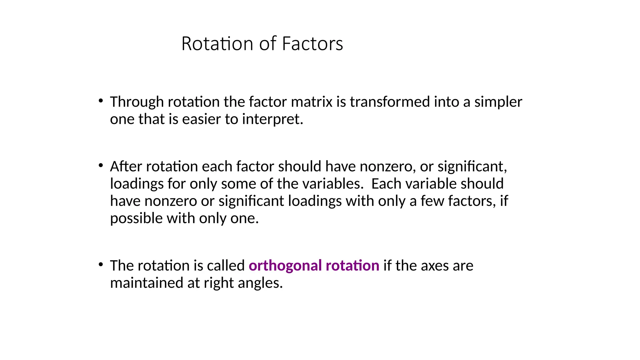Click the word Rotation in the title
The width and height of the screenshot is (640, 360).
[217, 44]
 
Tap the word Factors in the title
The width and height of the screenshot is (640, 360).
[312, 44]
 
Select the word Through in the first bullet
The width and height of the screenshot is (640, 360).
[137, 102]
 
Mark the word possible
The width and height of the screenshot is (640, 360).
[136, 218]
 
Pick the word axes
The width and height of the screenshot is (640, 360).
[434, 266]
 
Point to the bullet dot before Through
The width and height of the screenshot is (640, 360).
[101, 101]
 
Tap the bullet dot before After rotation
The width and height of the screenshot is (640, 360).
[101, 165]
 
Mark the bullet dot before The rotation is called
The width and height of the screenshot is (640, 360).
[101, 265]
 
